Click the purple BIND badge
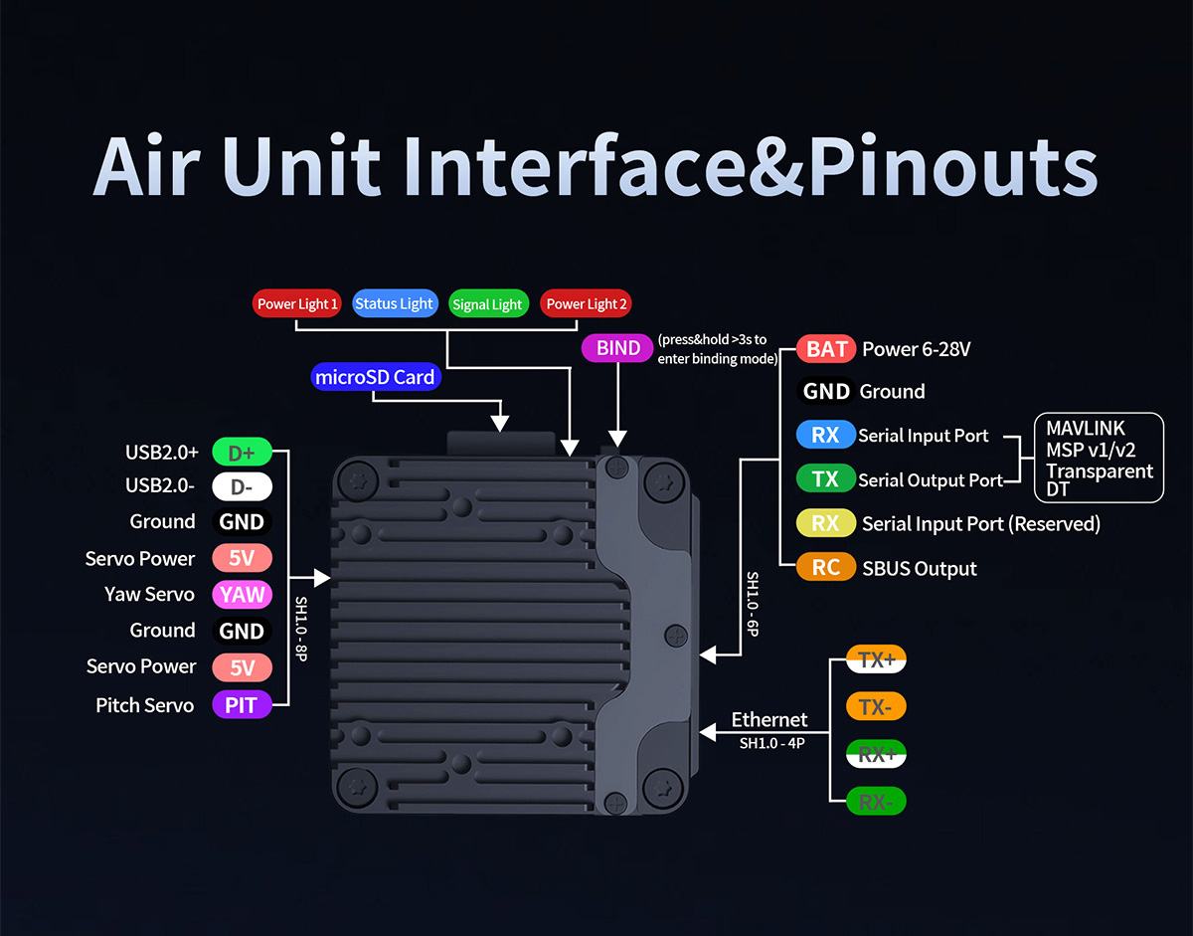click(618, 349)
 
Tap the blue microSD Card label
click(375, 377)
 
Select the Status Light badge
click(394, 304)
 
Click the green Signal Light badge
click(486, 304)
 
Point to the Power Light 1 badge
click(297, 304)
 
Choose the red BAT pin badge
click(826, 349)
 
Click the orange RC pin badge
click(825, 568)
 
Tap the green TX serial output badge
click(825, 479)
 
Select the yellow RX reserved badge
click(825, 523)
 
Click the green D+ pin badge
click(242, 453)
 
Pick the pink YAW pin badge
click(242, 595)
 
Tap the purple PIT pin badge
click(242, 705)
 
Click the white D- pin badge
click(242, 487)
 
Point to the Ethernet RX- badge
click(876, 802)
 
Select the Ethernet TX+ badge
click(876, 659)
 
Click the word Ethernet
click(769, 719)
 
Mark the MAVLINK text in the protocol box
click(1086, 429)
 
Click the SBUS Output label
click(920, 569)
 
